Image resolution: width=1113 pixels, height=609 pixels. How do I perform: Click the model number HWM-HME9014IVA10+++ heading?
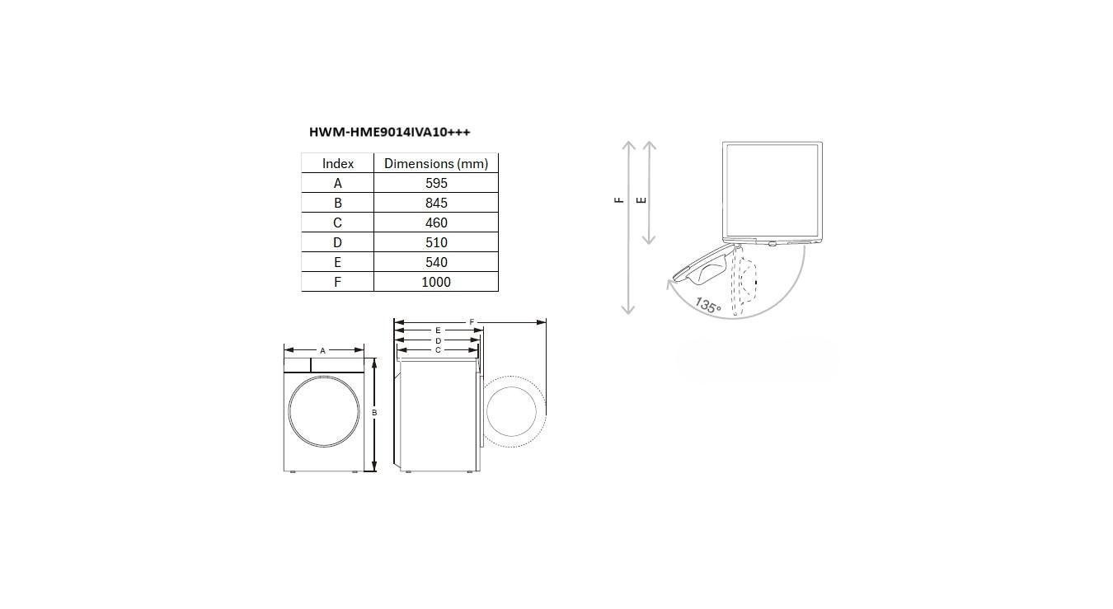pyautogui.click(x=389, y=132)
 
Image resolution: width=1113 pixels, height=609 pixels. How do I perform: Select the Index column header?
pyautogui.click(x=338, y=163)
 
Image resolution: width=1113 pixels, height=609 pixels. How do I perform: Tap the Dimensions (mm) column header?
pyautogui.click(x=436, y=163)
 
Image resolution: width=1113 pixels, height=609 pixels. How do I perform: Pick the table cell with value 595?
pyautogui.click(x=436, y=183)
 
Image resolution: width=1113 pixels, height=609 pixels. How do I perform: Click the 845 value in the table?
pyautogui.click(x=436, y=203)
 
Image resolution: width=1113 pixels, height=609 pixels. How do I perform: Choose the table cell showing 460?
pyautogui.click(x=436, y=223)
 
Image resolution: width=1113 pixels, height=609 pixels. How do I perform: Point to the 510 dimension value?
pyautogui.click(x=436, y=242)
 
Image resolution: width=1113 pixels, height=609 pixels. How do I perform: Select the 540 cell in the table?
pyautogui.click(x=436, y=262)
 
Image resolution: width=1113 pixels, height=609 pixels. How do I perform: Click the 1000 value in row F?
pyautogui.click(x=436, y=282)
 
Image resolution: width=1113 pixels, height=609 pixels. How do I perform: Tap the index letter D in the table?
pyautogui.click(x=337, y=242)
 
